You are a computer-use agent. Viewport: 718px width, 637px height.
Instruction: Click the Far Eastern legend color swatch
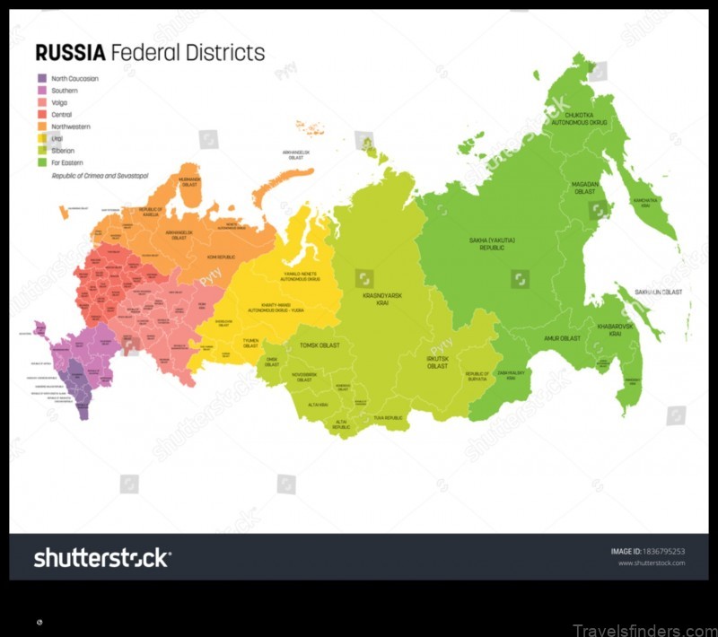(x=41, y=163)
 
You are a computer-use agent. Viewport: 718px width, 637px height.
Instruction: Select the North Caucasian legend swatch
(x=41, y=79)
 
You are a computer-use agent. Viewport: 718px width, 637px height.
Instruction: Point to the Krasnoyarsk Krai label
(x=381, y=299)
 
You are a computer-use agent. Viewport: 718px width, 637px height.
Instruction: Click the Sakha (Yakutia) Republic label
(x=493, y=244)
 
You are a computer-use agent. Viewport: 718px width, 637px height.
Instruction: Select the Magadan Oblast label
(x=585, y=188)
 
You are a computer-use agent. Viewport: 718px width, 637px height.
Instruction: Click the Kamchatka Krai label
(x=644, y=204)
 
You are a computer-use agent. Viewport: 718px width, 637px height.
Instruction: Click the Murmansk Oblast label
(x=189, y=181)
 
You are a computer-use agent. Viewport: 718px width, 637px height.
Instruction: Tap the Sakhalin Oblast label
(x=659, y=292)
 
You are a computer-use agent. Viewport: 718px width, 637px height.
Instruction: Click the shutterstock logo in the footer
(x=101, y=558)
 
